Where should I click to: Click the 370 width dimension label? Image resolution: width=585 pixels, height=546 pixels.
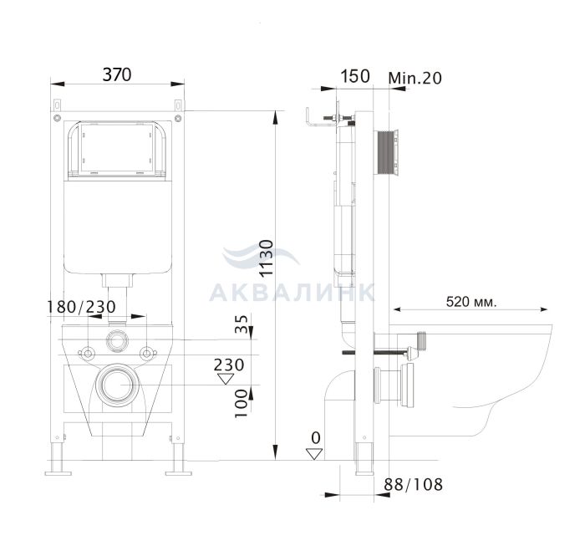click(117, 74)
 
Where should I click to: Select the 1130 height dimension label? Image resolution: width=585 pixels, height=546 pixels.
click(267, 258)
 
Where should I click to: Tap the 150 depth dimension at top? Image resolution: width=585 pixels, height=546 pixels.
click(355, 76)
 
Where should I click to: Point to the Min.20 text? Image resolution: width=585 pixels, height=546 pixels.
click(415, 78)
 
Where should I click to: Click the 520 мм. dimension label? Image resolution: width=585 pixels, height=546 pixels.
click(471, 301)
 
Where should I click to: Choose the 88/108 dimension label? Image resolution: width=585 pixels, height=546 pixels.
click(414, 484)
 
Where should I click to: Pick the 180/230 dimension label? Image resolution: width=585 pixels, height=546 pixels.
click(81, 307)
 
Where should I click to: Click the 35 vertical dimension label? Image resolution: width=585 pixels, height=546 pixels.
click(242, 324)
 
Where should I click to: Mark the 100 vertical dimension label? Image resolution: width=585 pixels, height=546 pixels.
click(242, 403)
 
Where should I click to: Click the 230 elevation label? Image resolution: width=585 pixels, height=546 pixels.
click(229, 365)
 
